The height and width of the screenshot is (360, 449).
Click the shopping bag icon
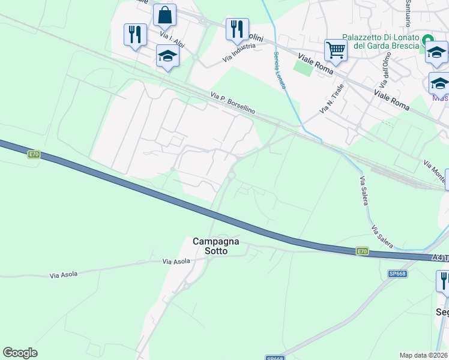click(164, 15)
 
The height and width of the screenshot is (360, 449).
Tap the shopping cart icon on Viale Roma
click(336, 50)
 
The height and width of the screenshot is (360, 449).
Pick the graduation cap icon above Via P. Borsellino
click(167, 56)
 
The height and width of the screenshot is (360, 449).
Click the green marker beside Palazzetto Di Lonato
click(428, 40)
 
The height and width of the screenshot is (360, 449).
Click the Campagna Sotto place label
click(215, 246)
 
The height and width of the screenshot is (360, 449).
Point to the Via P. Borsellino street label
click(233, 103)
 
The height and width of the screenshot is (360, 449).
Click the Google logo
click(20, 353)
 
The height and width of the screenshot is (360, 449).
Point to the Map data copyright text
click(424, 355)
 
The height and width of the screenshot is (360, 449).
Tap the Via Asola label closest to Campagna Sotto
click(176, 262)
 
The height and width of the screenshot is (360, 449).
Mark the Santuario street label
click(408, 13)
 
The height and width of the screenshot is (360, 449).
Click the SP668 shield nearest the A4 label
click(397, 274)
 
